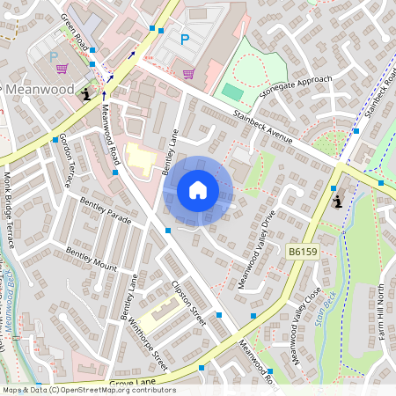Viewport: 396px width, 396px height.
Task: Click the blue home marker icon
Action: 198,190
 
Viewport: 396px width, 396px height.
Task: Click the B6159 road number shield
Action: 302,252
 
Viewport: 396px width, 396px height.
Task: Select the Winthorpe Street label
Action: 147,343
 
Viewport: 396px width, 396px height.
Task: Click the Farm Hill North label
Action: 380,313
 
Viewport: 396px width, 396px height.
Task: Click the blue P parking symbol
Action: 185,39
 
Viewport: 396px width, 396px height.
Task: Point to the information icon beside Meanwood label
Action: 85,92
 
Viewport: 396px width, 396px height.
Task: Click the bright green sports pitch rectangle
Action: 232,91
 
